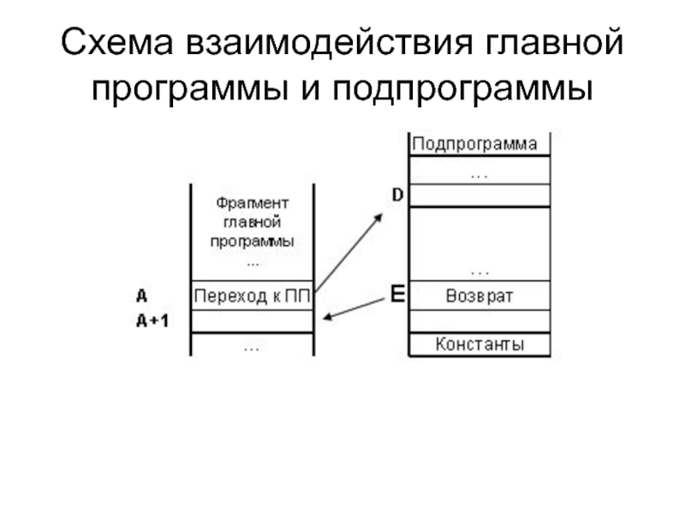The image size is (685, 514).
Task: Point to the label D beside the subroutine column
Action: pos(397,195)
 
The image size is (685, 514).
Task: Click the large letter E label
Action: pos(396,296)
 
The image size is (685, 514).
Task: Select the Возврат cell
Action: pos(479,296)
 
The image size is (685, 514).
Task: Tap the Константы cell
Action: pos(479,345)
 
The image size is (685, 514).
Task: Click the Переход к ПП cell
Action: pos(253,297)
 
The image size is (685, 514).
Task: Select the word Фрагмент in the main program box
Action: pos(253,203)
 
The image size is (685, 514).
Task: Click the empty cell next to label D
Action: pos(479,195)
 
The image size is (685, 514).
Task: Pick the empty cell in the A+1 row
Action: pos(253,321)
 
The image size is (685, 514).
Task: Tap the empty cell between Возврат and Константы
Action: pos(479,320)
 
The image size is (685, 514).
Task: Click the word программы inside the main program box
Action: pos(253,242)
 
